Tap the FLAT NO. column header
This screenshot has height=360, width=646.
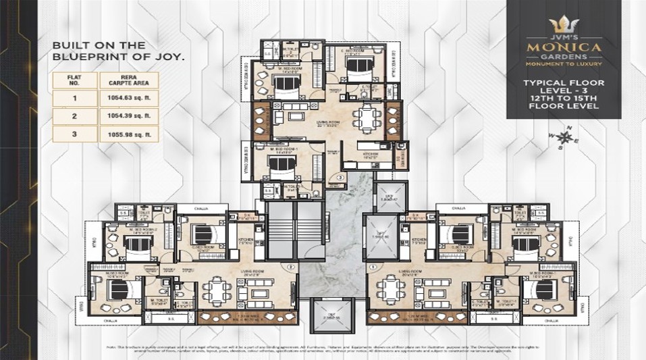75,81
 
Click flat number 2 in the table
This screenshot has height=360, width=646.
75,116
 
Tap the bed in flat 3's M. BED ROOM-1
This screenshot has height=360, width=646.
277,165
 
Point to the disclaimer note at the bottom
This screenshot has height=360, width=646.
323,347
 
